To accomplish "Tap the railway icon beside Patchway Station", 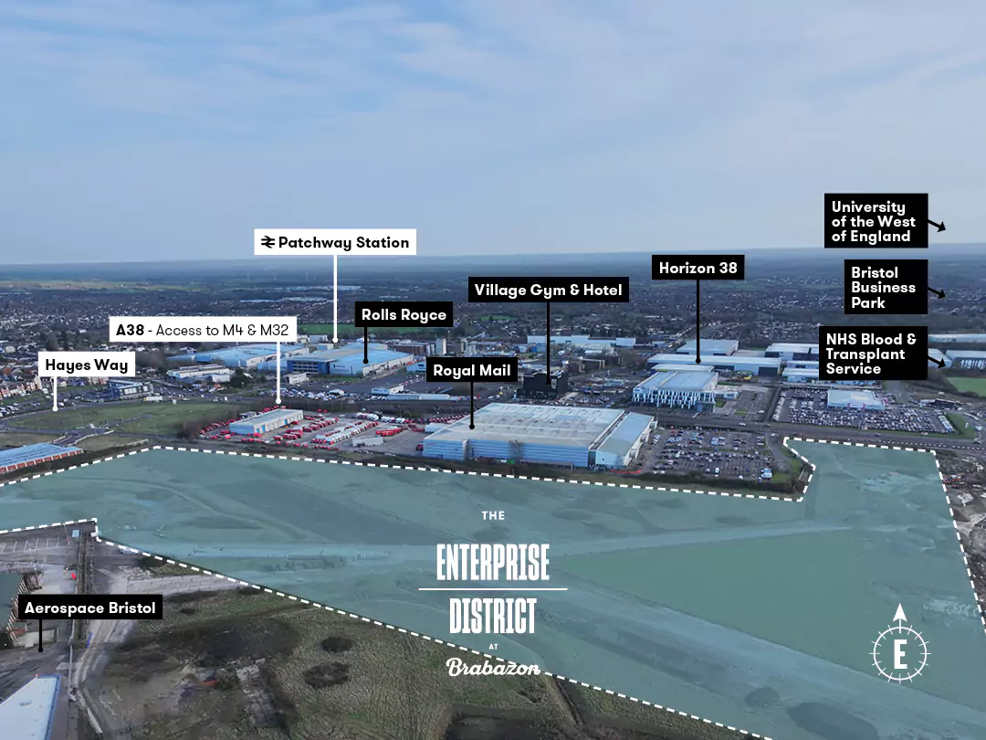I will pyautogui.click(x=268, y=242).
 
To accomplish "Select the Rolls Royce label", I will pyautogui.click(x=404, y=315).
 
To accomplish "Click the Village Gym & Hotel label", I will pyautogui.click(x=548, y=291).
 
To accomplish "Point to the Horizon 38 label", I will pyautogui.click(x=698, y=268).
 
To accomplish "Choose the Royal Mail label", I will pyautogui.click(x=472, y=371).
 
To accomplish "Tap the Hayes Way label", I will pyautogui.click(x=87, y=365).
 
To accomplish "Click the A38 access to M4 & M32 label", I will pyautogui.click(x=209, y=330).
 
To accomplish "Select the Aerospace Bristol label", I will pyautogui.click(x=89, y=608).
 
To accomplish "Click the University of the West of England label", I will pyautogui.click(x=875, y=221).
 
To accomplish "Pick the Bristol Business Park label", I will pyautogui.click(x=884, y=287).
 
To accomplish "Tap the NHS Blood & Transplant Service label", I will pyautogui.click(x=871, y=354).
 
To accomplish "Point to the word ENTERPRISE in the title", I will pyautogui.click(x=493, y=562).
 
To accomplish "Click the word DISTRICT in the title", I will pyautogui.click(x=493, y=616).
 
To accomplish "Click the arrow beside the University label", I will pyautogui.click(x=938, y=225).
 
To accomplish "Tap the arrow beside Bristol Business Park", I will pyautogui.click(x=938, y=293).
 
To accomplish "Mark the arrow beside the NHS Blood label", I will pyautogui.click(x=938, y=364).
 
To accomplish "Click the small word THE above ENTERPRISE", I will pyautogui.click(x=493, y=516).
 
